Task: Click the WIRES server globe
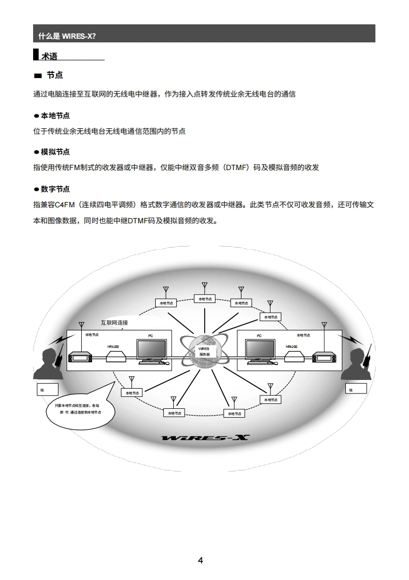[204, 352]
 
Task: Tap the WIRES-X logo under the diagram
[205, 438]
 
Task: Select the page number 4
[201, 560]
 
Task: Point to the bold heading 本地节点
[55, 115]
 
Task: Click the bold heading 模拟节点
[55, 152]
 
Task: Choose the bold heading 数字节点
[55, 189]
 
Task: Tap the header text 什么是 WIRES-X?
[67, 36]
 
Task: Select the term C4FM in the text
[63, 204]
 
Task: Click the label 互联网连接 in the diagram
[114, 323]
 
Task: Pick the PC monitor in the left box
[152, 352]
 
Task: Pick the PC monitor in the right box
[260, 352]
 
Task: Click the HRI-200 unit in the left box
[117, 356]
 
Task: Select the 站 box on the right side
[356, 389]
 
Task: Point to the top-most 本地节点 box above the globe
[205, 299]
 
